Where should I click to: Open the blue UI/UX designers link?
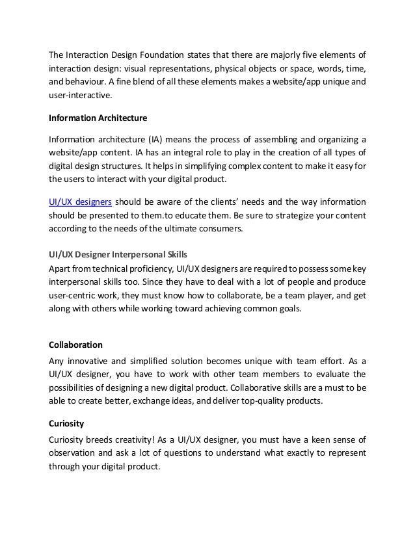coord(80,202)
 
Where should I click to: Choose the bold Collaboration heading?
coord(76,343)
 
